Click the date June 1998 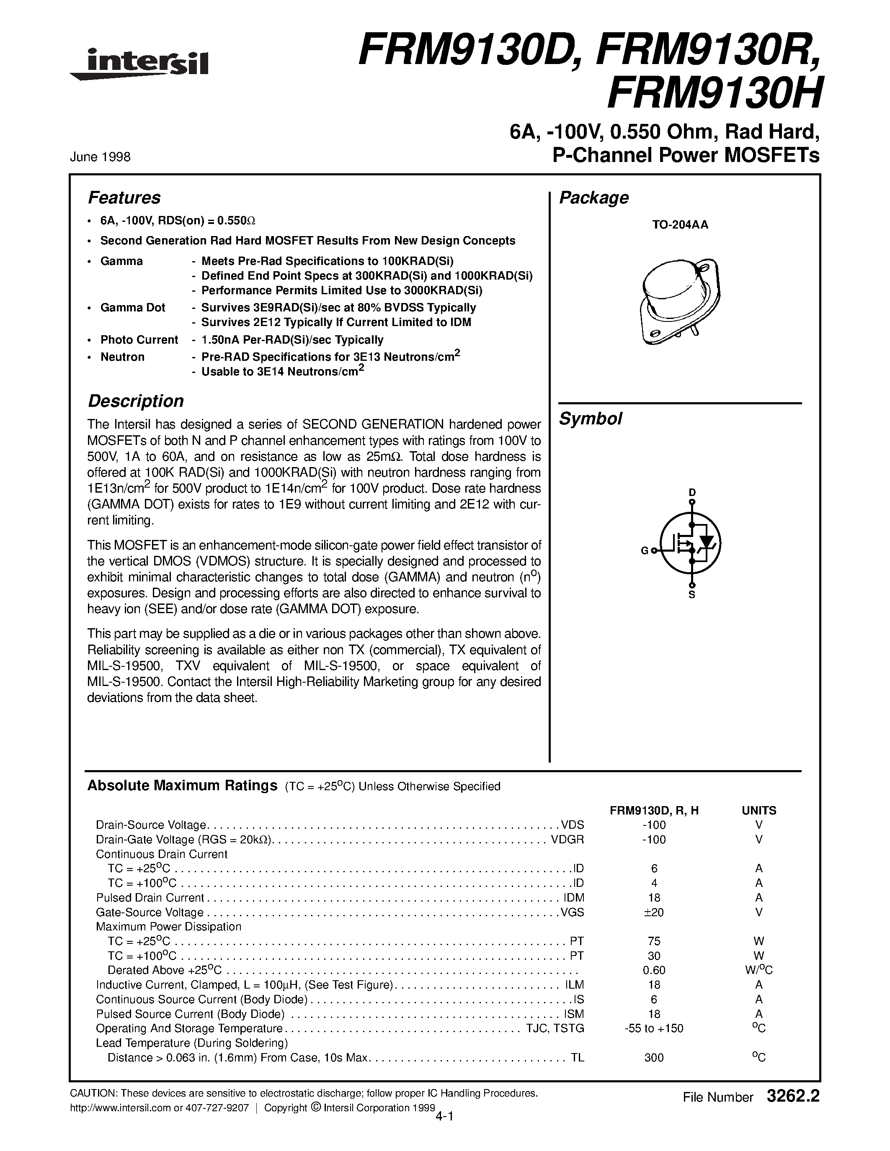pyautogui.click(x=100, y=157)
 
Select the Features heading pyautogui.click(x=124, y=198)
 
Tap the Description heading pyautogui.click(x=136, y=401)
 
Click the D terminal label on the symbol pyautogui.click(x=692, y=492)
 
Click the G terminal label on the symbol pyautogui.click(x=644, y=551)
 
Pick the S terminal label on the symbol pyautogui.click(x=692, y=595)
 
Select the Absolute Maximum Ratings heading pyautogui.click(x=182, y=786)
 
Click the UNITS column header pyautogui.click(x=759, y=811)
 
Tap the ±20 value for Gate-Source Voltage pyautogui.click(x=653, y=912)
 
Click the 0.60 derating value pyautogui.click(x=654, y=970)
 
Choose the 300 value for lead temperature pyautogui.click(x=654, y=1058)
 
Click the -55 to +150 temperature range pyautogui.click(x=654, y=1028)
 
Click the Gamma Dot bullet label pyautogui.click(x=133, y=308)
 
